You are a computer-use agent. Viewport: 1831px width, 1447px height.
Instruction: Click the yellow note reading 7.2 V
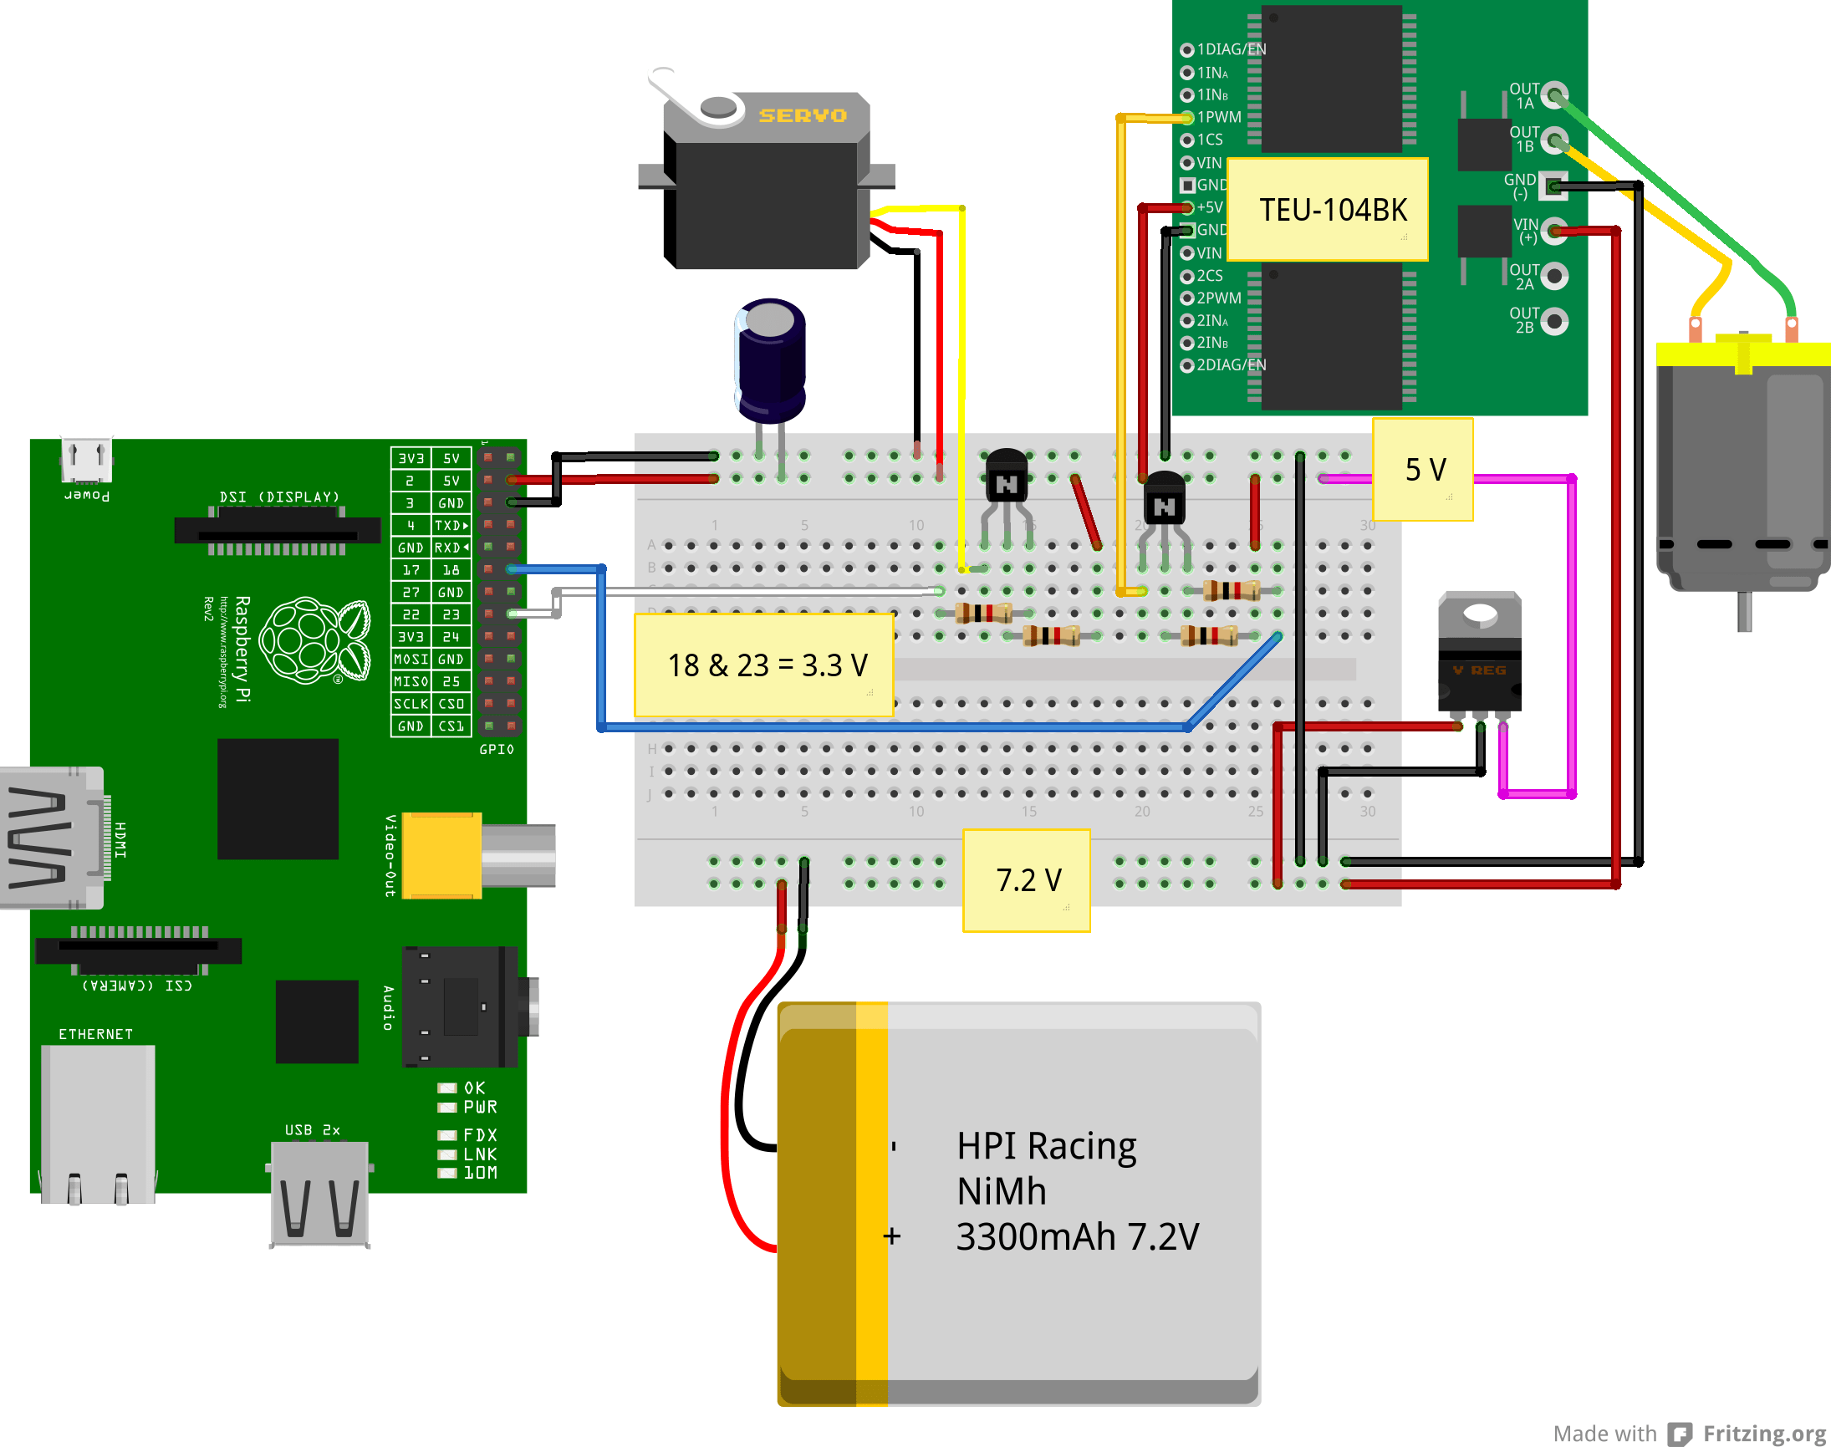click(1026, 880)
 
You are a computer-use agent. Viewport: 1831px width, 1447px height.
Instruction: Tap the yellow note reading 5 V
click(1423, 469)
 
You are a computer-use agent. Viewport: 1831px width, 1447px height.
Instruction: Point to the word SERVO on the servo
click(802, 115)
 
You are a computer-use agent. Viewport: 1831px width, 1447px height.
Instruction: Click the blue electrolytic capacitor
click(769, 360)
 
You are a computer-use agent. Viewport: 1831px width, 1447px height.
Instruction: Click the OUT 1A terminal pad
click(1554, 95)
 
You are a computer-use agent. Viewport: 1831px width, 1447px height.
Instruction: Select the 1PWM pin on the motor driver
click(1188, 117)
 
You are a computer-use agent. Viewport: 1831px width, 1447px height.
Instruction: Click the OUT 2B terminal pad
click(1554, 321)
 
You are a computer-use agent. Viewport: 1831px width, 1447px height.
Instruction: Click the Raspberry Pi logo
click(314, 640)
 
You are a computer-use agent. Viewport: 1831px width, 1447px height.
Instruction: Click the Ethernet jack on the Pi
click(99, 1123)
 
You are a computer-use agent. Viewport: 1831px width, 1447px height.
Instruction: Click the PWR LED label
click(480, 1108)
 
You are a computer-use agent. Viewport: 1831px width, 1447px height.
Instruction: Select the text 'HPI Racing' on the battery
click(1046, 1146)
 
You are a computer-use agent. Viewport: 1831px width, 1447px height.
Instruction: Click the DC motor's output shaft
click(1744, 612)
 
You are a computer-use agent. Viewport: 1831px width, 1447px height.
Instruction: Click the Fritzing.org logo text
click(1764, 1433)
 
